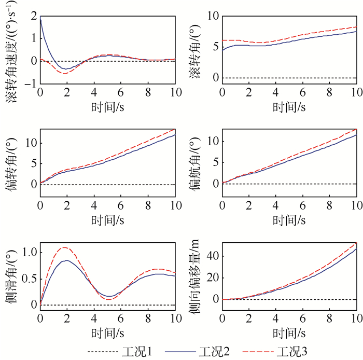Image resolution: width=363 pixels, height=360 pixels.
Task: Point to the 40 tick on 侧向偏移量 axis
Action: (x=212, y=256)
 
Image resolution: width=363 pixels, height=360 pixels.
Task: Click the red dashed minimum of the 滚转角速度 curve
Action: (x=65, y=73)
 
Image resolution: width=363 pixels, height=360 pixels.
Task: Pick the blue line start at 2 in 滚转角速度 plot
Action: (x=40, y=17)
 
